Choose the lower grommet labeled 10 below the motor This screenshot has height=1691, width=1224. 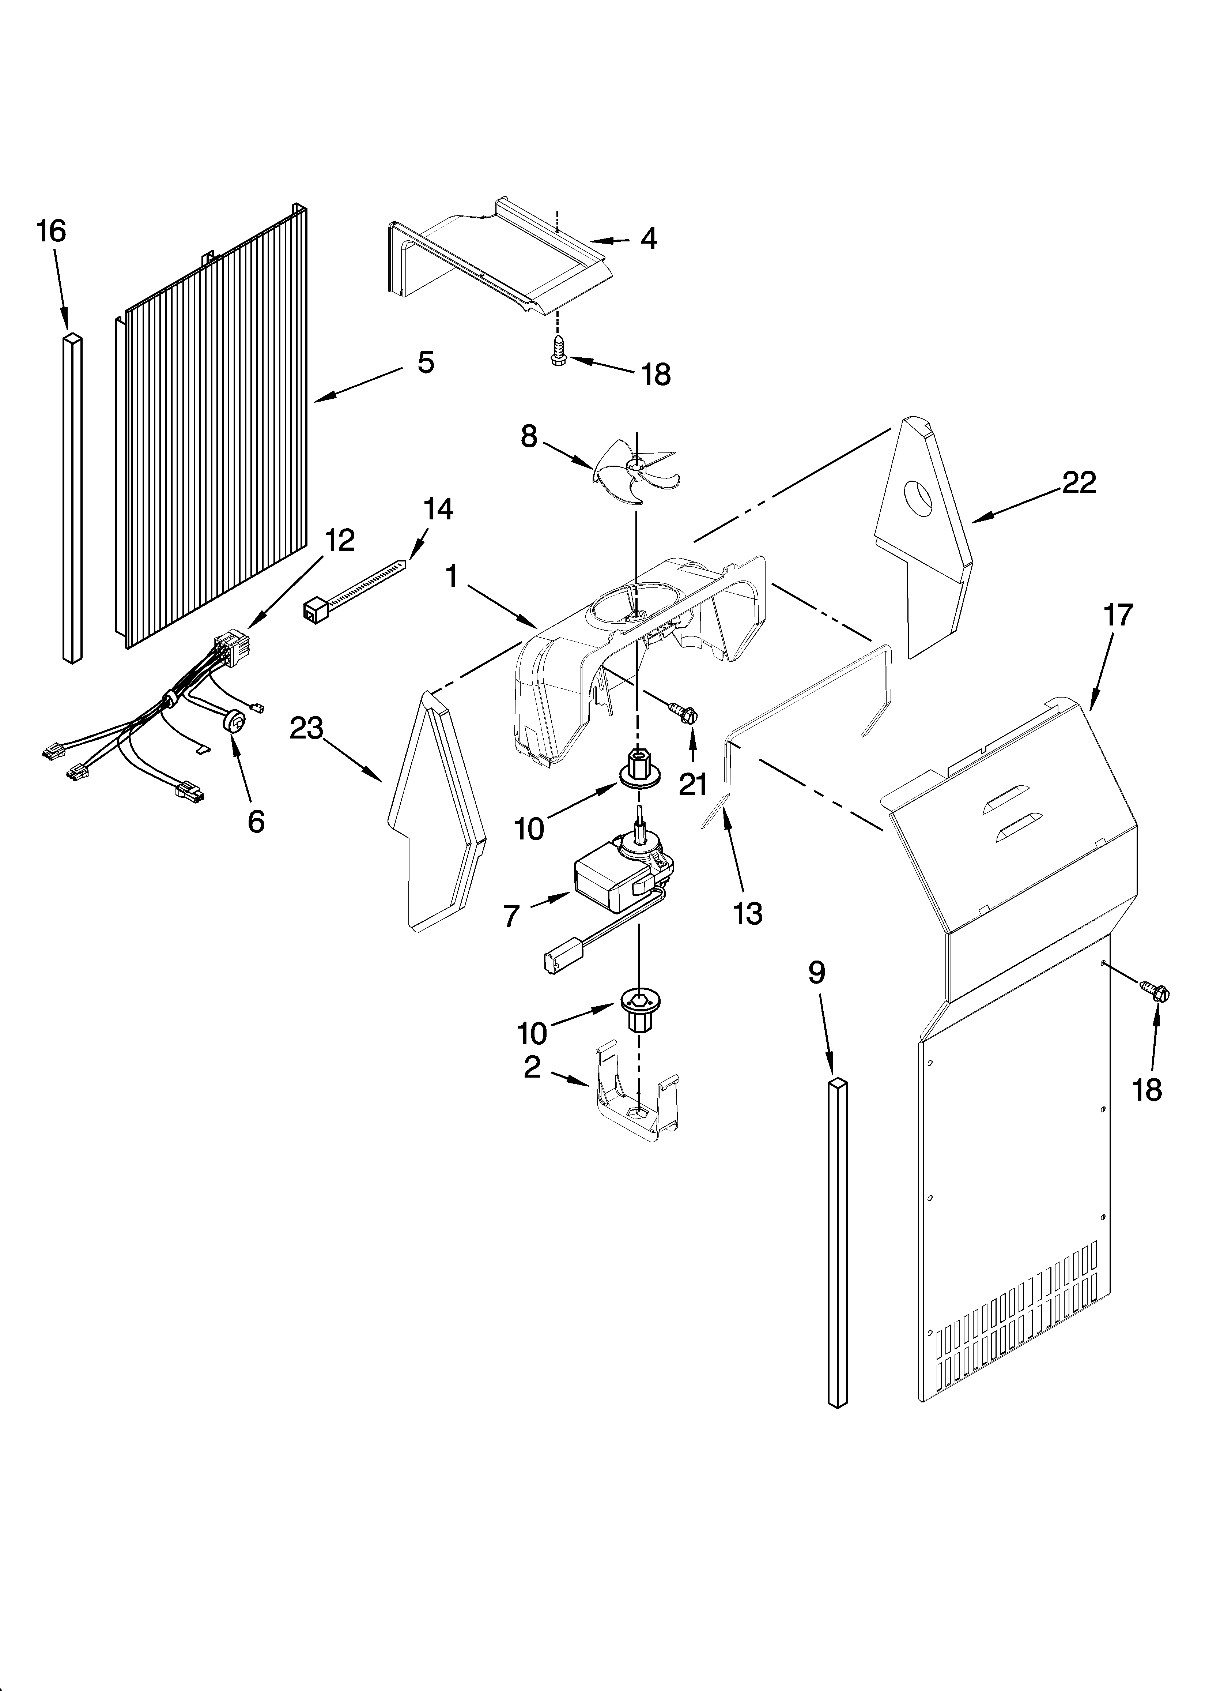tap(636, 1009)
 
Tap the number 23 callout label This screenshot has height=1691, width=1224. tap(306, 728)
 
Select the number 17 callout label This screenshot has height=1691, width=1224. tap(1118, 615)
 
